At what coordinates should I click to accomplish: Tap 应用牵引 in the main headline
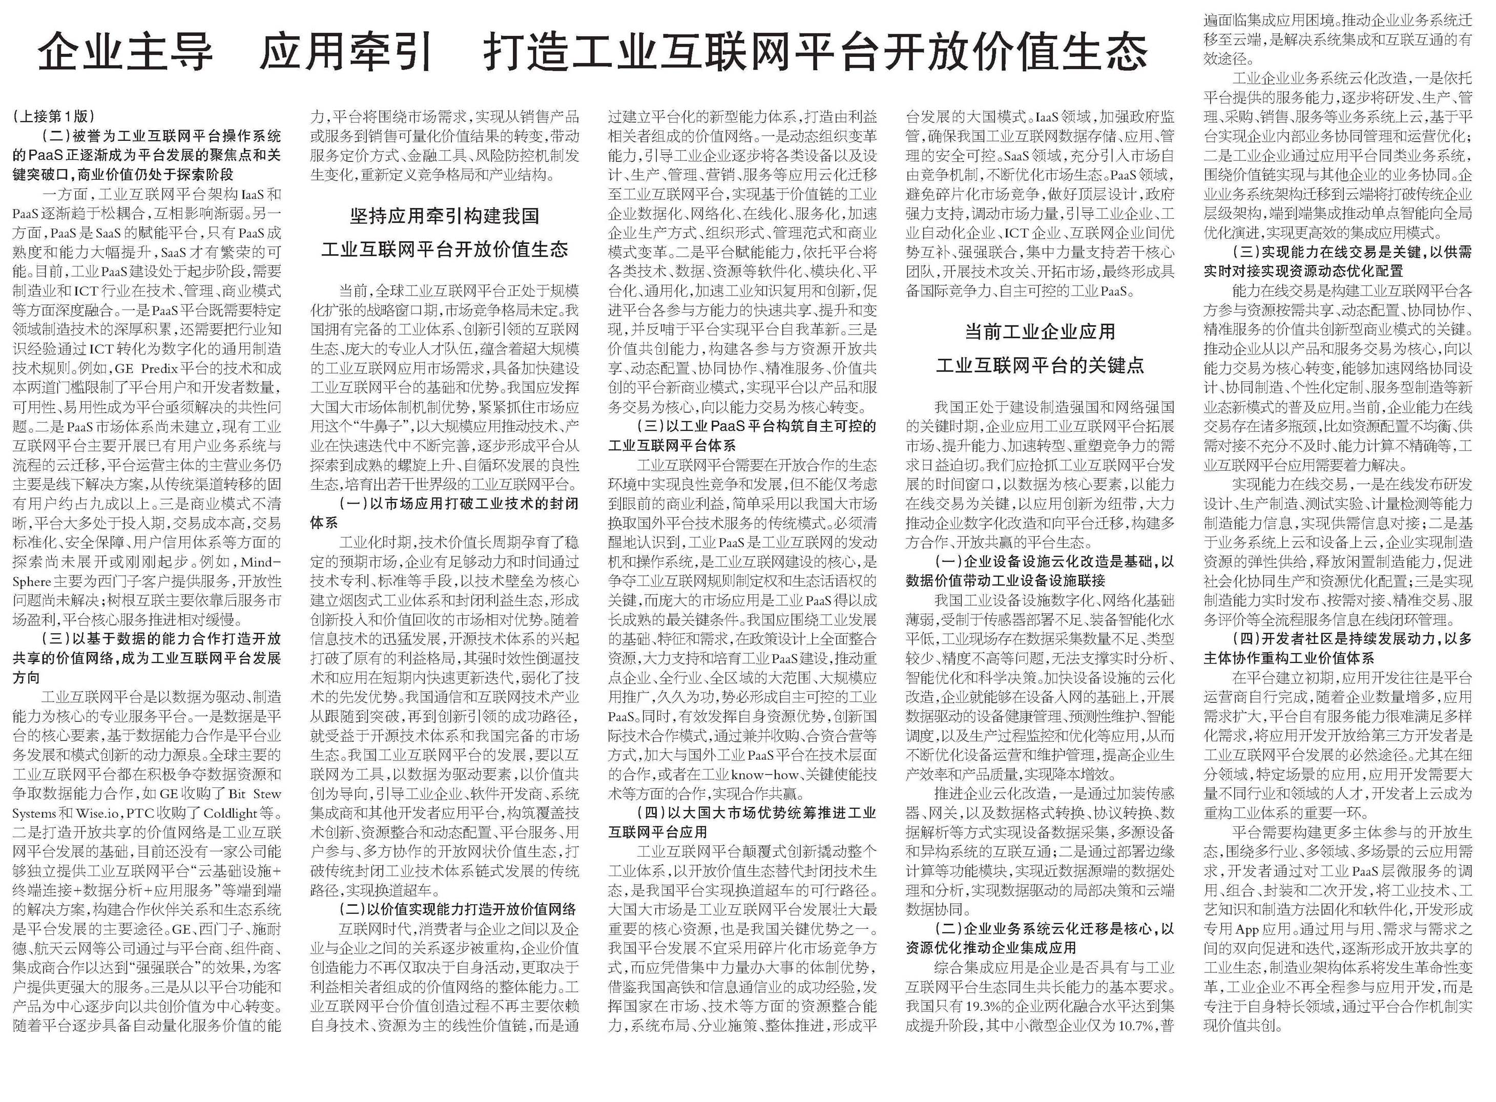point(347,51)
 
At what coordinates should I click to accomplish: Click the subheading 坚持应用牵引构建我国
point(444,216)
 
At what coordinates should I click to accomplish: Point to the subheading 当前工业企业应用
point(1040,331)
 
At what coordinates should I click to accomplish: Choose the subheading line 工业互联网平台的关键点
point(1040,365)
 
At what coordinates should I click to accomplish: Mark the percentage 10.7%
point(1136,1025)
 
